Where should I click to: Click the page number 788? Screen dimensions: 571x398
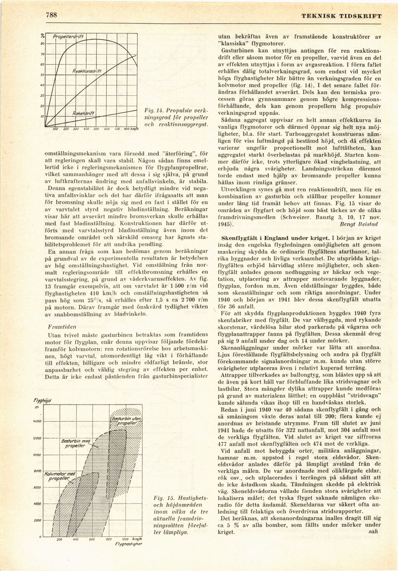[51, 15]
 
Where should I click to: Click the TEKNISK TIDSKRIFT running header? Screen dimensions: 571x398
[342, 16]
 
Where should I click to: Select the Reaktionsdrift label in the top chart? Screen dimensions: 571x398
[87, 71]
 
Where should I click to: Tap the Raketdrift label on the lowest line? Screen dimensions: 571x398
[84, 113]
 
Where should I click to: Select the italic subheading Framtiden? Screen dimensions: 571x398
[61, 327]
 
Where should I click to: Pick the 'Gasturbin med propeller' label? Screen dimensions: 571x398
[75, 443]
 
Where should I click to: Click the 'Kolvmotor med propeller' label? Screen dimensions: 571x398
[60, 476]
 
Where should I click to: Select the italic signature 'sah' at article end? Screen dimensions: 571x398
[373, 532]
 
